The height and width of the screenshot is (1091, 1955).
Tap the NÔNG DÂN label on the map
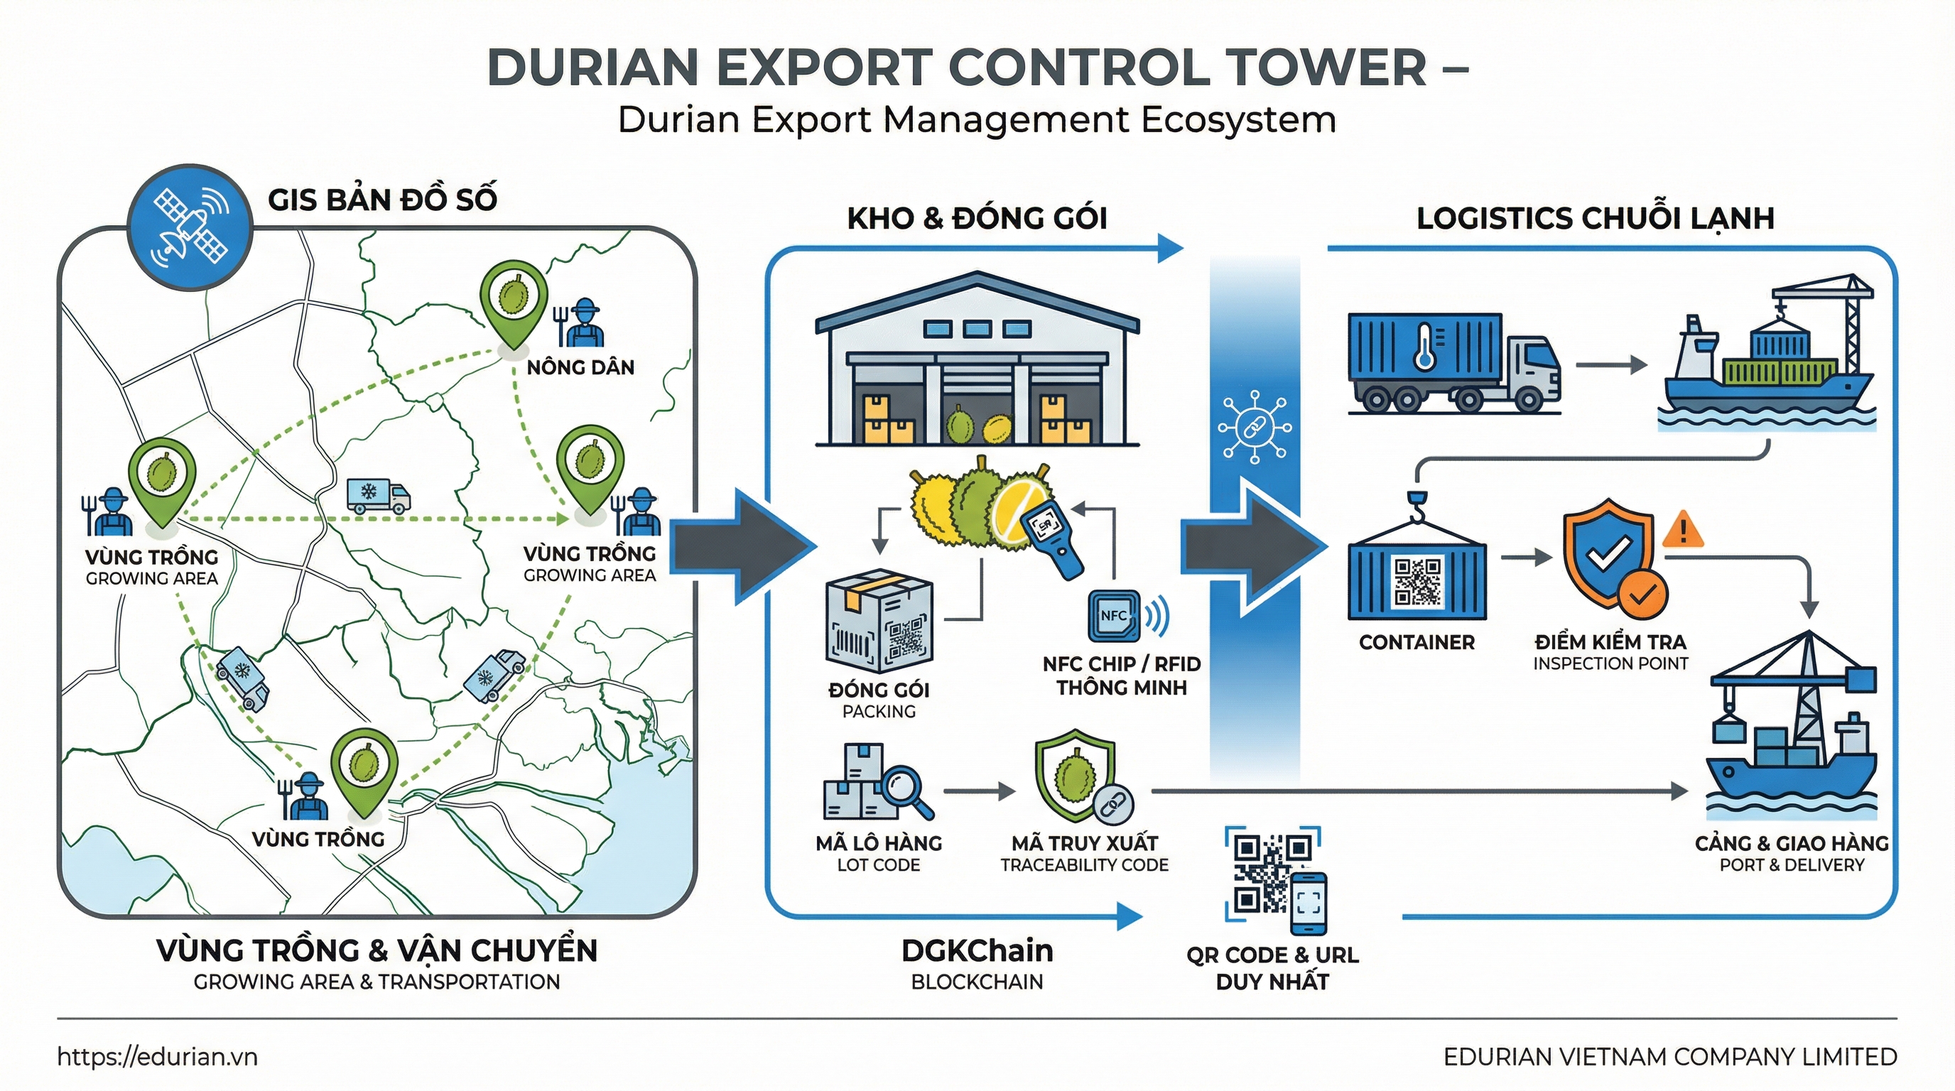[x=580, y=367]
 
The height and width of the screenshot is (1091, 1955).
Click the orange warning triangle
[x=1682, y=531]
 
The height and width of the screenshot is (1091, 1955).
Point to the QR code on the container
[x=1417, y=581]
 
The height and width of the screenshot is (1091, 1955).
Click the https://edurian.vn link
[x=157, y=1056]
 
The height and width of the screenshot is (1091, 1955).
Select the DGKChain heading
[x=977, y=950]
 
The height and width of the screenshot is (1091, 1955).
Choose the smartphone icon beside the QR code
[x=1309, y=903]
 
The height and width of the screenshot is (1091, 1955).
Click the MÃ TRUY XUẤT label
[x=1085, y=843]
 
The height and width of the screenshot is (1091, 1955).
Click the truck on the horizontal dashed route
[x=378, y=496]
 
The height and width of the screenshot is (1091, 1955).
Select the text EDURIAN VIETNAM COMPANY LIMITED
[x=1669, y=1056]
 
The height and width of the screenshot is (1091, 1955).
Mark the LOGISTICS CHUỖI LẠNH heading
[x=1596, y=219]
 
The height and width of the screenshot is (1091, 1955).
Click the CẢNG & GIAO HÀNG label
[x=1791, y=843]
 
